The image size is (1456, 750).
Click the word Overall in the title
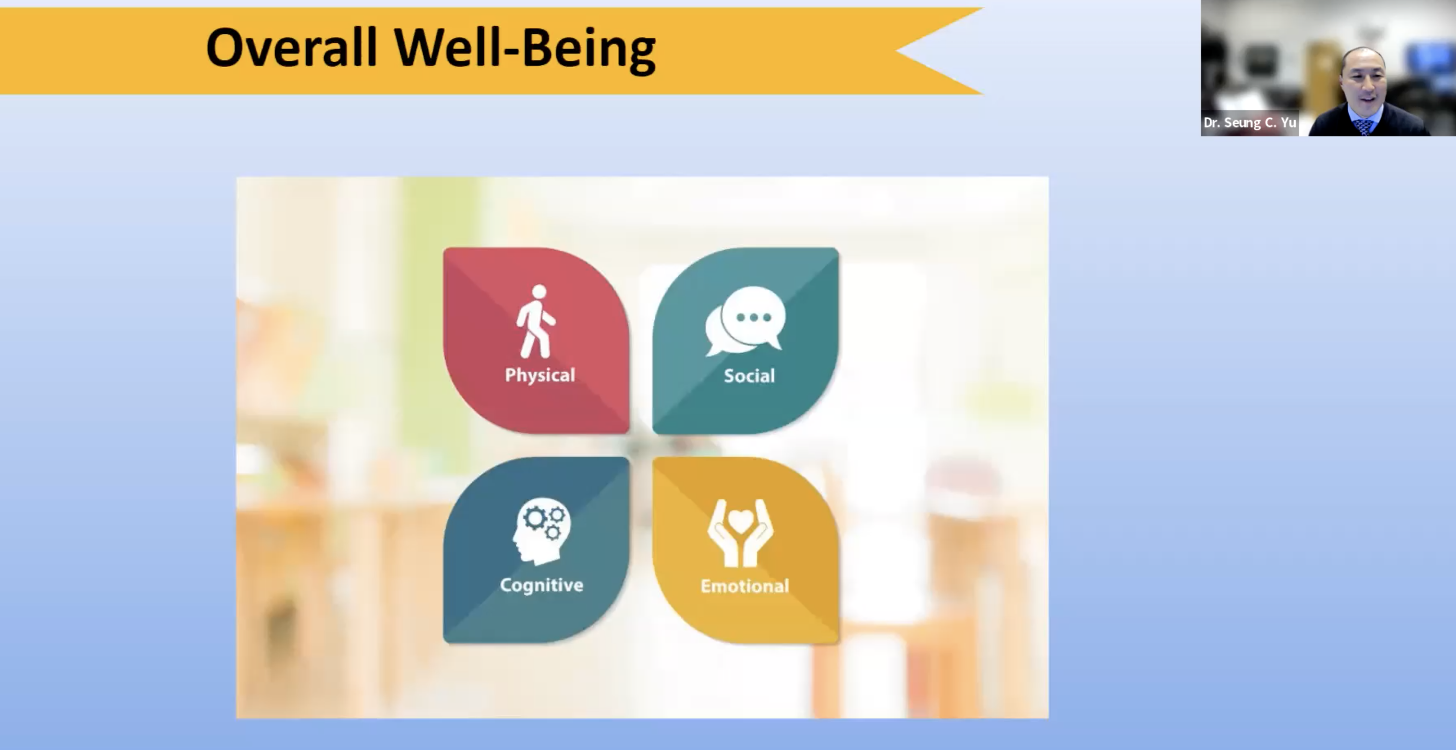292,47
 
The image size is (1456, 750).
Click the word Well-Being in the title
525,50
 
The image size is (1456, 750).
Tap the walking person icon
536,322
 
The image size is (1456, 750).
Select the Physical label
540,376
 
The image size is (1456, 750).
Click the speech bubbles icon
745,321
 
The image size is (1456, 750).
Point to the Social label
749,376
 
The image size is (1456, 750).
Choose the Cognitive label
542,585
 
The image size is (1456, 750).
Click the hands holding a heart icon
741,533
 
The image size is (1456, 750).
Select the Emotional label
745,586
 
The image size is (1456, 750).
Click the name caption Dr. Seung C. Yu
1249,123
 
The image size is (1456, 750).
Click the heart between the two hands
741,520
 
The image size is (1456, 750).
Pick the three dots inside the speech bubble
754,318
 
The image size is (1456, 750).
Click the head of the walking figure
539,292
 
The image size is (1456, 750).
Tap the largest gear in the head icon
533,518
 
